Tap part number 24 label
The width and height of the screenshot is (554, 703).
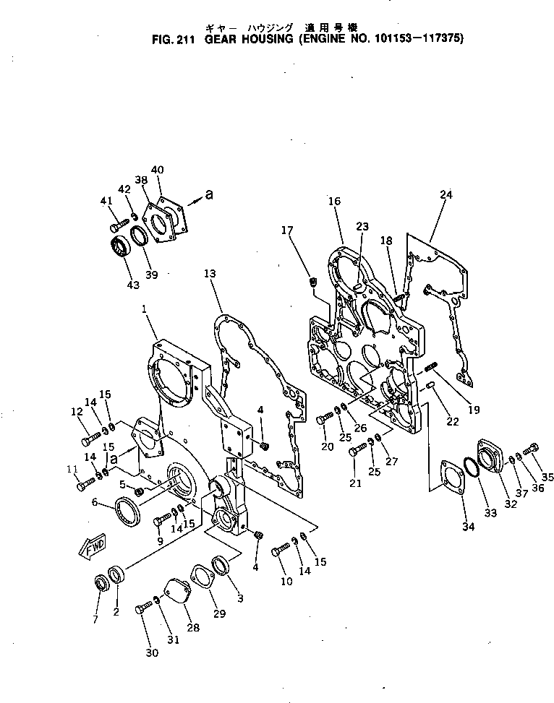click(x=446, y=194)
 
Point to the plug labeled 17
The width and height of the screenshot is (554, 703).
click(x=313, y=280)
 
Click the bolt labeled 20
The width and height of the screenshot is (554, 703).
click(x=323, y=418)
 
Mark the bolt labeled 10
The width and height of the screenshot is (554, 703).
click(x=280, y=551)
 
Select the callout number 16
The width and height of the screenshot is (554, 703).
click(x=333, y=202)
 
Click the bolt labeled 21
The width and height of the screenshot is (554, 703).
click(x=356, y=452)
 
